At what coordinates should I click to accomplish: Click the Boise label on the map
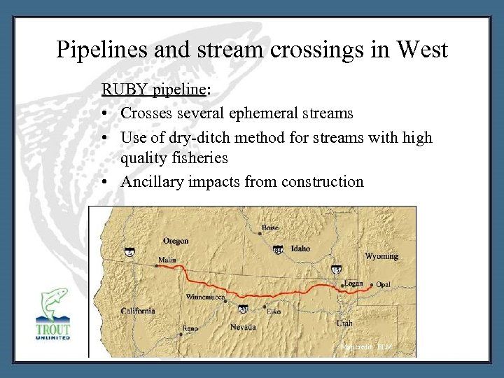pyautogui.click(x=269, y=227)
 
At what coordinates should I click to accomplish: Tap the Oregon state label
pyautogui.click(x=176, y=241)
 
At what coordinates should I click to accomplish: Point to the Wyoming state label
pyautogui.click(x=381, y=256)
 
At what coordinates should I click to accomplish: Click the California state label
pyautogui.click(x=138, y=311)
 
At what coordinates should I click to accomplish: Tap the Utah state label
pyautogui.click(x=344, y=323)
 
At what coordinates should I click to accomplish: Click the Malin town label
pyautogui.click(x=167, y=259)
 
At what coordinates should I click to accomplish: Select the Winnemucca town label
pyautogui.click(x=205, y=296)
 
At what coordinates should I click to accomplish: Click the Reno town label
pyautogui.click(x=190, y=328)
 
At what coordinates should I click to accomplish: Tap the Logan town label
pyautogui.click(x=353, y=284)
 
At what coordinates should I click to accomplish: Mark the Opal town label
pyautogui.click(x=383, y=285)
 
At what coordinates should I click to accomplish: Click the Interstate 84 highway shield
pyautogui.click(x=278, y=250)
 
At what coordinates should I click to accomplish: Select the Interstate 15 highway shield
pyautogui.click(x=336, y=269)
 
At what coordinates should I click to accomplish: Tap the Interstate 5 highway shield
pyautogui.click(x=129, y=253)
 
